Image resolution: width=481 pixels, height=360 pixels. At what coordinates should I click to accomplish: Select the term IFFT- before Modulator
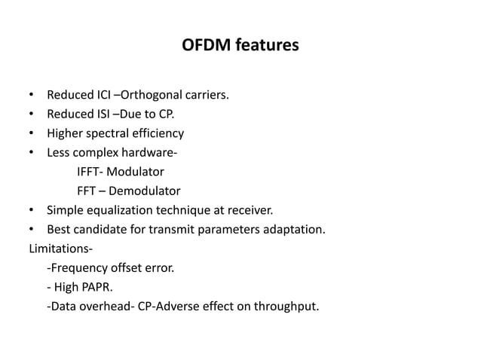point(92,172)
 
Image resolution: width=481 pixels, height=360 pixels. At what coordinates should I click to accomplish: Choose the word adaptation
point(295,228)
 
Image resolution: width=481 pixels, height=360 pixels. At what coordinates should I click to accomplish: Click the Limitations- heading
point(57,247)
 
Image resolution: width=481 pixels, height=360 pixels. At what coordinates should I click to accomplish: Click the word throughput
point(291,305)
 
